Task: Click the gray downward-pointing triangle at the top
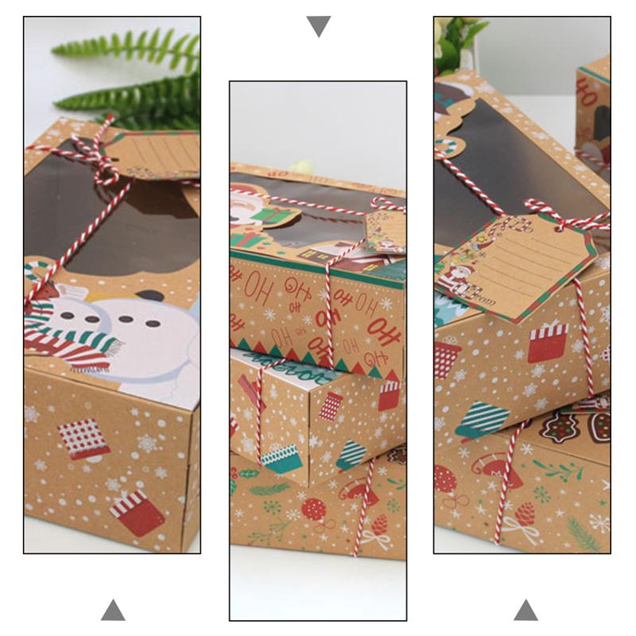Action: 318,25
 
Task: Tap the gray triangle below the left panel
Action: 113,610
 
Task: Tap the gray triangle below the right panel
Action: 525,610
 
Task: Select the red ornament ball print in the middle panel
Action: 313,509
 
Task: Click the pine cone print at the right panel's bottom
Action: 525,513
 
